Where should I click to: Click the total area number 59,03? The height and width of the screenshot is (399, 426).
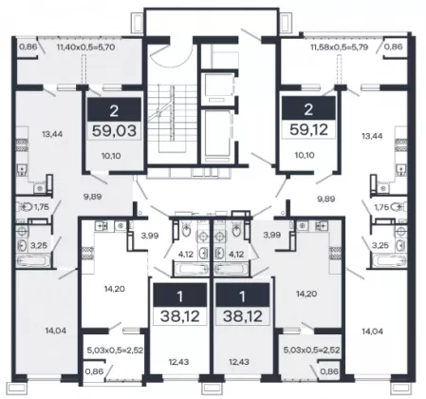click(x=114, y=130)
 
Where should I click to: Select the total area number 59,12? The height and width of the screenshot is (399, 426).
click(x=308, y=129)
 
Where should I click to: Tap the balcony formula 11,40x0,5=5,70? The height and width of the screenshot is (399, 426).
click(x=85, y=47)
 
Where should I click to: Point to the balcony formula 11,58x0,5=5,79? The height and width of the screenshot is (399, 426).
click(x=340, y=47)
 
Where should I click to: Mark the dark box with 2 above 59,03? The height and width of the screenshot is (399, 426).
click(x=114, y=109)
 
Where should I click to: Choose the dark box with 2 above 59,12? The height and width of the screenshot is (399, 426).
click(x=308, y=108)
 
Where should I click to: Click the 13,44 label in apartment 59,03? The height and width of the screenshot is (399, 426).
click(x=52, y=134)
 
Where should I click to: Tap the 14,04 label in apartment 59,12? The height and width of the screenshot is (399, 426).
click(x=372, y=332)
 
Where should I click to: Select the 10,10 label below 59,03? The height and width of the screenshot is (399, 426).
click(x=111, y=156)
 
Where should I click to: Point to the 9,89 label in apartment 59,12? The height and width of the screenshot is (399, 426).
click(x=326, y=199)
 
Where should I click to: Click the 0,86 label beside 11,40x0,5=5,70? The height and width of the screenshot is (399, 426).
click(x=28, y=47)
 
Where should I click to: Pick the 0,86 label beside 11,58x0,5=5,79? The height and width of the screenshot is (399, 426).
click(x=394, y=47)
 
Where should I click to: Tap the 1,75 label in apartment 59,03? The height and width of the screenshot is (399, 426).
click(x=42, y=207)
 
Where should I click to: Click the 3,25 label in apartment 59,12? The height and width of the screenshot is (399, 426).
click(x=380, y=245)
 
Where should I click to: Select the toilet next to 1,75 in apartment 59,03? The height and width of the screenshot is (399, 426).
click(x=24, y=207)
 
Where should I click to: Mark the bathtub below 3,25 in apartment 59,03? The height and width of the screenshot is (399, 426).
click(x=33, y=261)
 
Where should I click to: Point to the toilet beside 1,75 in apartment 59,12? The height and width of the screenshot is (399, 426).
click(x=398, y=207)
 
